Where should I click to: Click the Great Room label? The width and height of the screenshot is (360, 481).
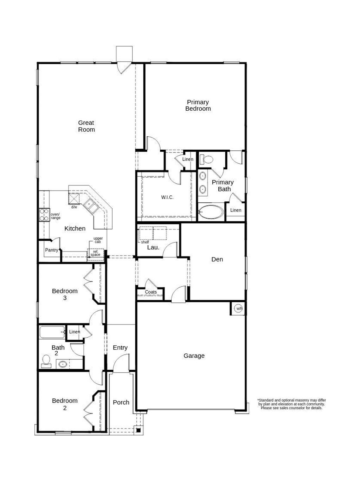coord(86,126)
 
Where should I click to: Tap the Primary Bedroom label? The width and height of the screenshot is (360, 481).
coord(198,105)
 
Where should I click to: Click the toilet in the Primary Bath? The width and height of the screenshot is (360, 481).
coord(206,160)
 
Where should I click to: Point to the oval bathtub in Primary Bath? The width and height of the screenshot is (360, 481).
coord(211,212)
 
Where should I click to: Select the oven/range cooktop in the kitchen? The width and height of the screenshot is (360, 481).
coord(44,215)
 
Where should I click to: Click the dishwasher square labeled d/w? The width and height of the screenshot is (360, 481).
coord(74,199)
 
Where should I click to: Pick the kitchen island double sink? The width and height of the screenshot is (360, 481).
coord(91,206)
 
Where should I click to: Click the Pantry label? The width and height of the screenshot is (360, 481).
coord(52,250)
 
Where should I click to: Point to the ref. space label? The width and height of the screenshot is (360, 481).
coord(95,253)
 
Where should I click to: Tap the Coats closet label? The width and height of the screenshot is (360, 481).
coord(151,292)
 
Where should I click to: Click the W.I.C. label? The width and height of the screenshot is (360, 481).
coord(167,197)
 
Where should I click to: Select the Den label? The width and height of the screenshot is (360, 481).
coord(217,259)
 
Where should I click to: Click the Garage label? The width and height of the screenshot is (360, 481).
coord(194,356)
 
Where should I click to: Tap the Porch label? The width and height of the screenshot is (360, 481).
coord(121,402)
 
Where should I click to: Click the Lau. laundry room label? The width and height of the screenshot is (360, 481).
coord(153,247)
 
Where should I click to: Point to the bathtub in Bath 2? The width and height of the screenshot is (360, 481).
coord(52,332)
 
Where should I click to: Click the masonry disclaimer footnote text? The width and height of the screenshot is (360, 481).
coord(291,404)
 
